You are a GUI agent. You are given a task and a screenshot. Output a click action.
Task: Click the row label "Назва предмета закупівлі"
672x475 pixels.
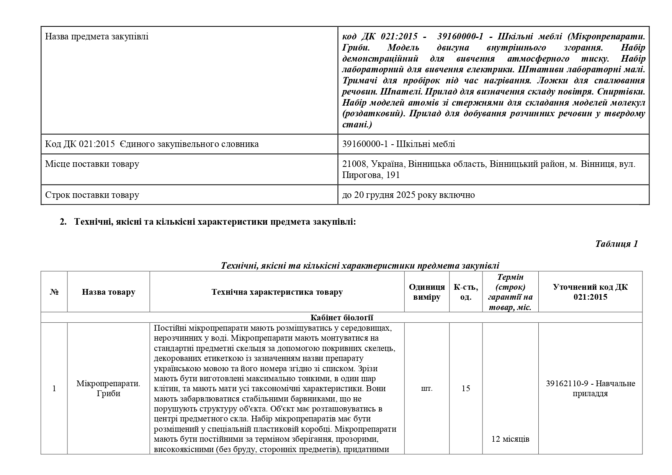tap(96, 37)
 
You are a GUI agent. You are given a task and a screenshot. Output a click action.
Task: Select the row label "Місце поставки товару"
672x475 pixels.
tap(92, 164)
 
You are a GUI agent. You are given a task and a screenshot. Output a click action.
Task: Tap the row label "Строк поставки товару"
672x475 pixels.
tap(92, 195)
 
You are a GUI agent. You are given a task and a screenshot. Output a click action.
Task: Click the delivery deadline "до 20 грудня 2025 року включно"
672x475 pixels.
tap(408, 195)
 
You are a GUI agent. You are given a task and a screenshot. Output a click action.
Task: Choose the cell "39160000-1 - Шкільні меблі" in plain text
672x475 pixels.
tap(398, 144)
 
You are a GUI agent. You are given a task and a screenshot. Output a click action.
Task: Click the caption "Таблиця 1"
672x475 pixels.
tap(616, 244)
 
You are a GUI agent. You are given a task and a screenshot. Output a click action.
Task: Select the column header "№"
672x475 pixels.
tap(54, 292)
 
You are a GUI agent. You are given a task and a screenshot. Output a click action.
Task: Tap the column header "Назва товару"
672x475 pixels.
tap(108, 292)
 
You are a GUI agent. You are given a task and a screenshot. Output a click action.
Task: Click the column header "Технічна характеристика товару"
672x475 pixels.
tap(277, 292)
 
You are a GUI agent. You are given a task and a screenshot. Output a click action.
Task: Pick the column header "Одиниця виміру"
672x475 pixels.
tap(427, 292)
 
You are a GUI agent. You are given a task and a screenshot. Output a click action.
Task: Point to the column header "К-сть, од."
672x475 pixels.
tap(466, 292)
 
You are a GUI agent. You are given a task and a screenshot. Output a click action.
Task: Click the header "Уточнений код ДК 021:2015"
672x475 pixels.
tap(590, 292)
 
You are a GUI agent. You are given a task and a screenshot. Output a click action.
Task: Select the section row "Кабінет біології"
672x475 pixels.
tap(342, 318)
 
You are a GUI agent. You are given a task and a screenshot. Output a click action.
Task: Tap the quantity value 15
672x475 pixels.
tap(466, 388)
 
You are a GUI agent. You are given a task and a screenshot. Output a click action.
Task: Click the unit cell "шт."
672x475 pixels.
tap(427, 388)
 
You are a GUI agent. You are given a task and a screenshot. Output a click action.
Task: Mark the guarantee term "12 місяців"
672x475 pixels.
tap(510, 439)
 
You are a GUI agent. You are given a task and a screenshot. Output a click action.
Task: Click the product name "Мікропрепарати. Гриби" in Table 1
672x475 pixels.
tap(108, 388)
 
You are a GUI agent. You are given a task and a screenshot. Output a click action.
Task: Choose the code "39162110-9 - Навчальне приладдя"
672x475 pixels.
tap(590, 388)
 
